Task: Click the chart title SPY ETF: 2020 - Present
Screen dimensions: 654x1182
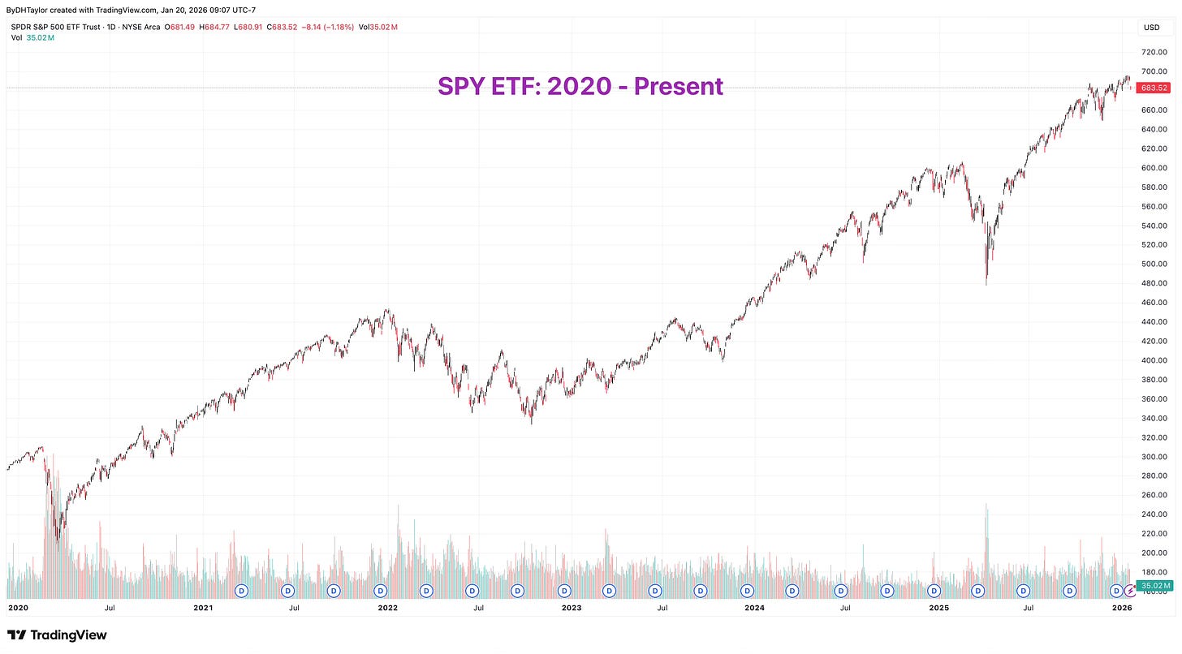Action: point(580,86)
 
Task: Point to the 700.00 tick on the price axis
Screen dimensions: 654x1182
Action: point(1154,71)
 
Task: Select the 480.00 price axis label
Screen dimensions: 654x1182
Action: point(1154,283)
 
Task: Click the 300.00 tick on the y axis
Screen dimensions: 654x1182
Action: point(1154,457)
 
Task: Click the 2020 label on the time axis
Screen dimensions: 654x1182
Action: point(19,607)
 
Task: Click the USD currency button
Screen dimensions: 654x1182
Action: point(1153,28)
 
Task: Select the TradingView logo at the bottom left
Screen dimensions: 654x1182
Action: point(57,635)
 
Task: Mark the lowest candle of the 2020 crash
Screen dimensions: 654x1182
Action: point(57,540)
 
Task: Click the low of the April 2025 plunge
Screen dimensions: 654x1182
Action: point(986,284)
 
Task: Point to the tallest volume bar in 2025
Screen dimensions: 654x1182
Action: point(986,505)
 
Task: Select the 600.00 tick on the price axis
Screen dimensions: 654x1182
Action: point(1154,168)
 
